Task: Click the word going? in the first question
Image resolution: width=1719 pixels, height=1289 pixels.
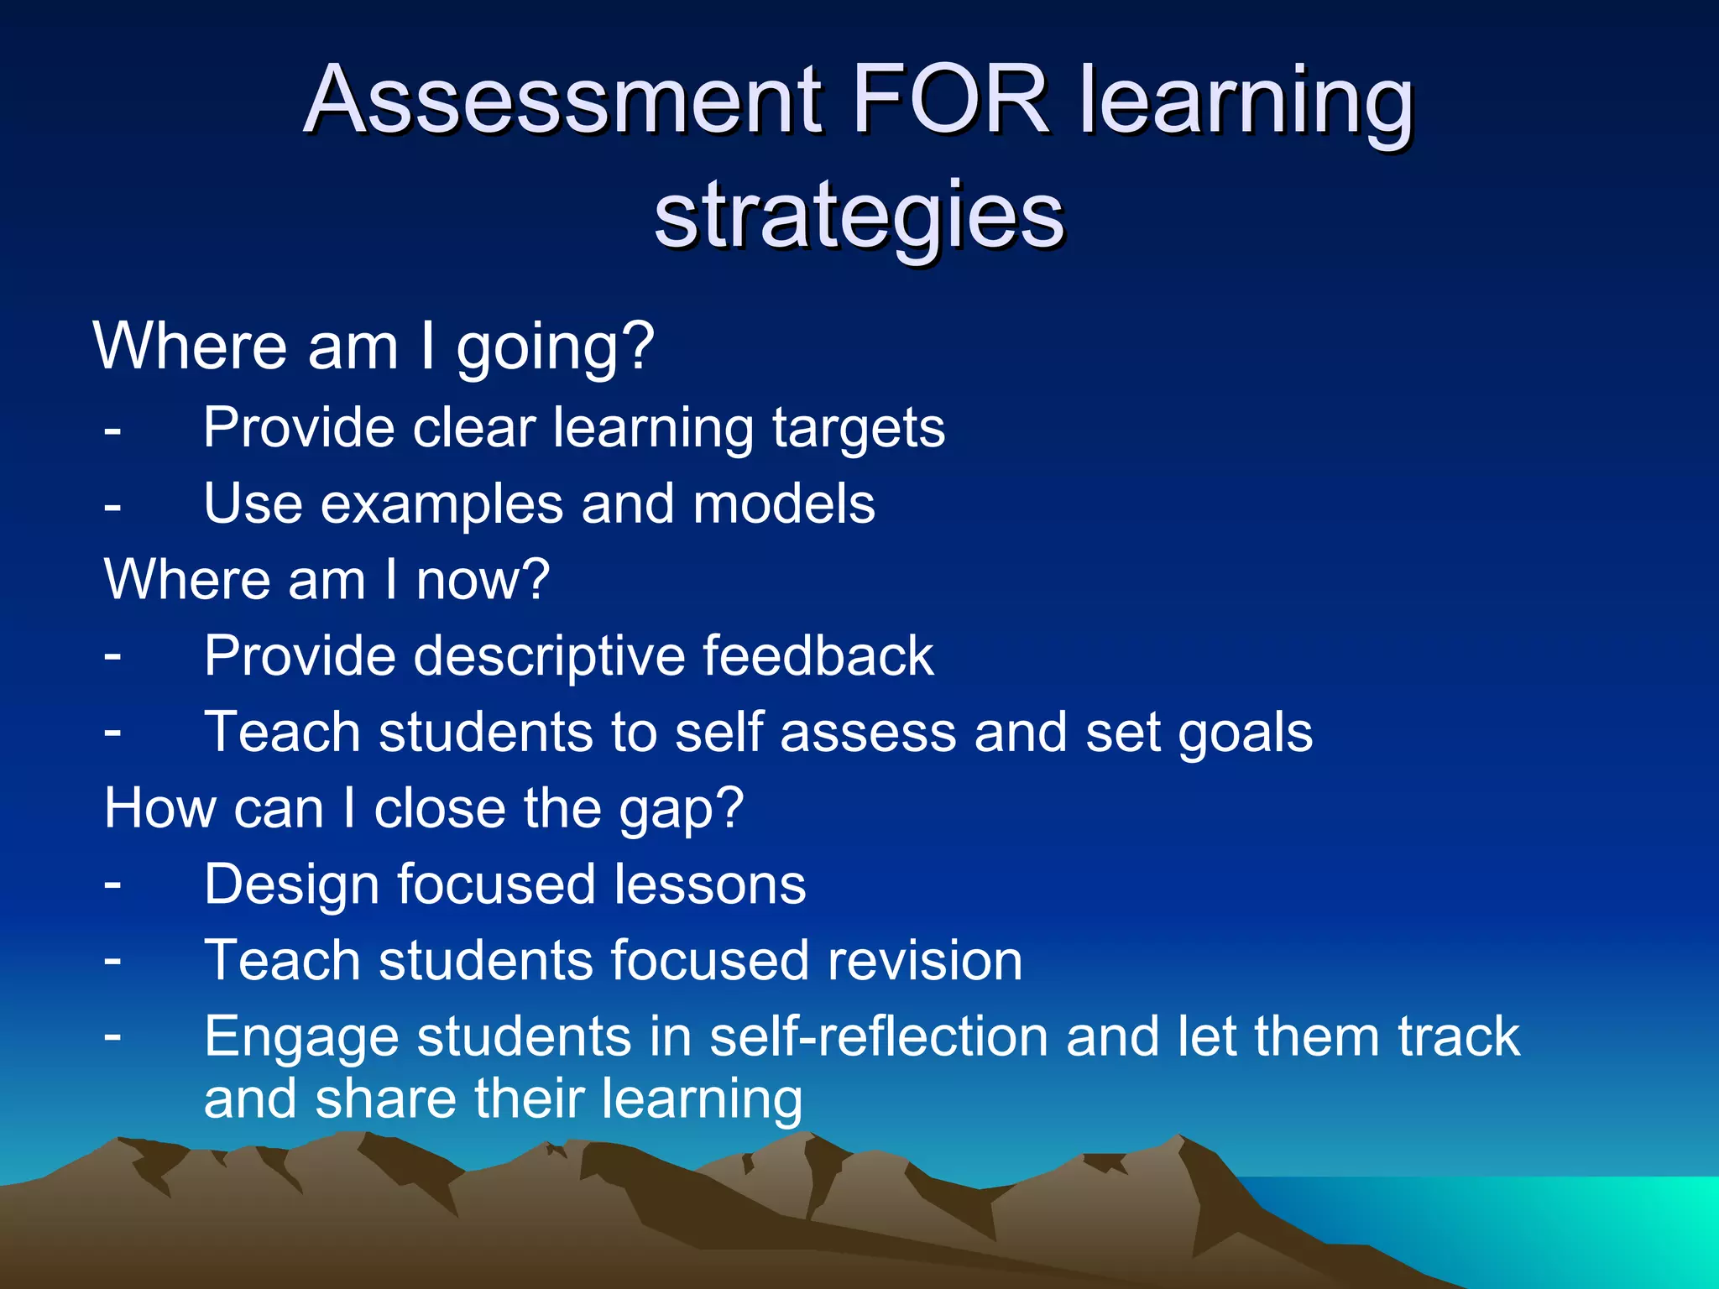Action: point(555,347)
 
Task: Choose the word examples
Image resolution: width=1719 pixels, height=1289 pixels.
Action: point(442,504)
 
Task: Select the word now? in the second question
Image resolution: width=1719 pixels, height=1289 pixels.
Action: point(483,580)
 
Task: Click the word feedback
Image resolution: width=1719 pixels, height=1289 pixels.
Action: point(818,656)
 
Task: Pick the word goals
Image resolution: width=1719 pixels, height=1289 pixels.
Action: point(1245,733)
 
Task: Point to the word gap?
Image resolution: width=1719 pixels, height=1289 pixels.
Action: point(681,810)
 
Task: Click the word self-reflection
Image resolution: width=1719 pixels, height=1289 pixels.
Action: point(879,1037)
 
